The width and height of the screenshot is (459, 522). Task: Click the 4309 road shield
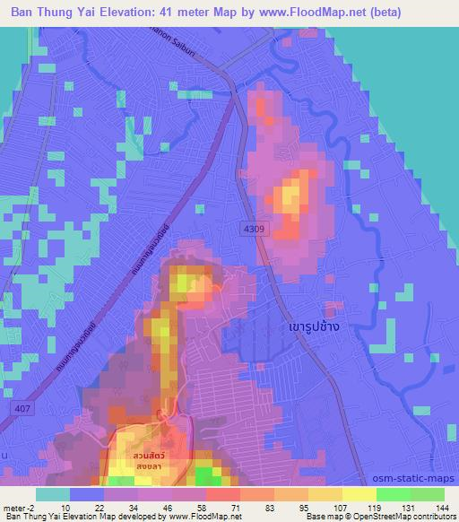point(255,231)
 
